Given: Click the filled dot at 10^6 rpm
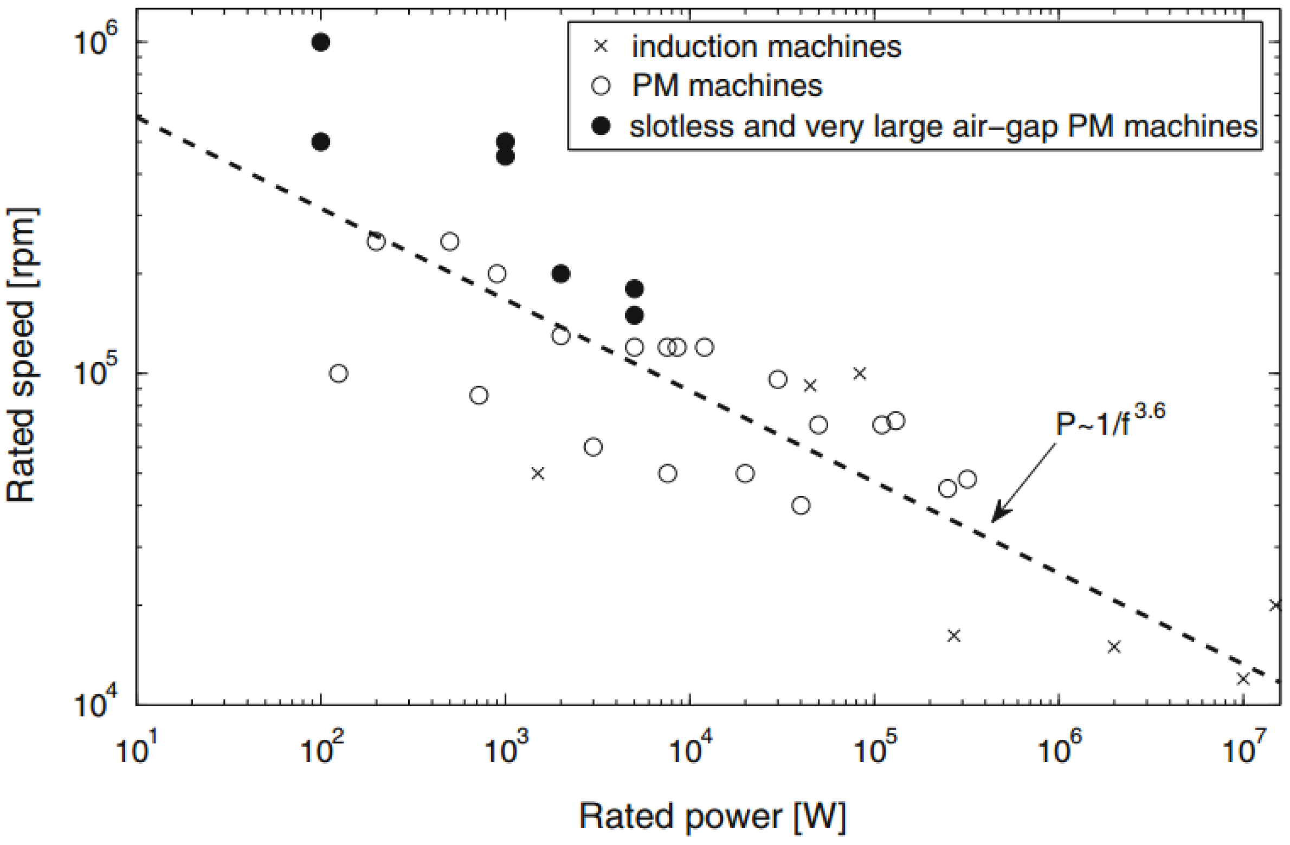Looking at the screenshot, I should point(321,42).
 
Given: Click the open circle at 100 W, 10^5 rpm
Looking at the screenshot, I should point(338,373).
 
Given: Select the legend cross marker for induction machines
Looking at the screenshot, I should point(601,47).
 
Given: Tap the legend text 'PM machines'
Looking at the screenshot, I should point(727,86).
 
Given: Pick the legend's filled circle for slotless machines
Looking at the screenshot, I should point(601,126).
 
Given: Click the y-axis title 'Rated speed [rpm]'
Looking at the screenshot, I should point(22,355).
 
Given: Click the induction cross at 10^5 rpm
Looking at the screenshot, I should point(860,373).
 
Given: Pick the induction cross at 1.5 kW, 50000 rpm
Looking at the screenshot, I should point(537,473).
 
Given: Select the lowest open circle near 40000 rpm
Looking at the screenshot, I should point(801,505).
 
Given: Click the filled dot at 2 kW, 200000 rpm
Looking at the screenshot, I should point(560,274).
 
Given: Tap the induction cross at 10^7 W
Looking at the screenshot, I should point(1243,678).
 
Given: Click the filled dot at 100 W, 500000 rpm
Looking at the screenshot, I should point(321,142).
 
